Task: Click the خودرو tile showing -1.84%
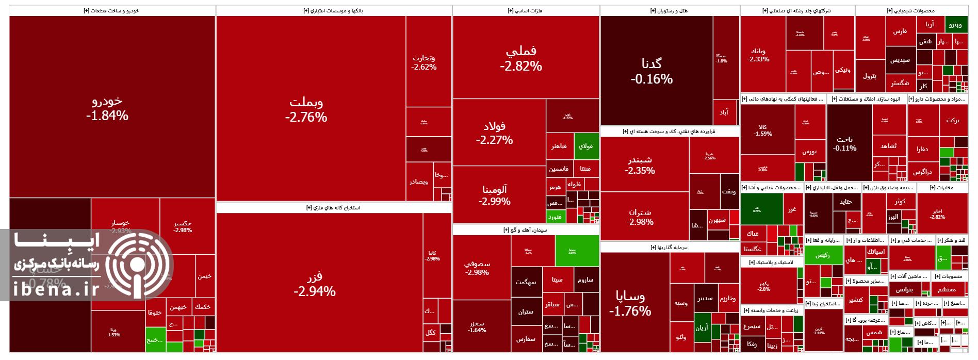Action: [107, 107]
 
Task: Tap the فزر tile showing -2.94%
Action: [315, 284]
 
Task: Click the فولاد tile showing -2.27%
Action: [494, 133]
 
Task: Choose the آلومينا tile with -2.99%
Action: [494, 195]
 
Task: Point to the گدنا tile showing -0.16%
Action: [651, 71]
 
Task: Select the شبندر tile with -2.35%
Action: [640, 165]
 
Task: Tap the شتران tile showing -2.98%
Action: [640, 217]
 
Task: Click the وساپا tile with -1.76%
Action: [630, 303]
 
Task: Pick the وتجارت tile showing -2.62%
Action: [424, 62]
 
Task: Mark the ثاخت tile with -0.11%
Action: [844, 143]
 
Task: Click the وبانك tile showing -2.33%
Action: [758, 55]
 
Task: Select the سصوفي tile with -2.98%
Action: [477, 268]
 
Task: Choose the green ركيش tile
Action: [823, 255]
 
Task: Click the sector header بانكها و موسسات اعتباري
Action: [333, 11]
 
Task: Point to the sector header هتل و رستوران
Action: [669, 11]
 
